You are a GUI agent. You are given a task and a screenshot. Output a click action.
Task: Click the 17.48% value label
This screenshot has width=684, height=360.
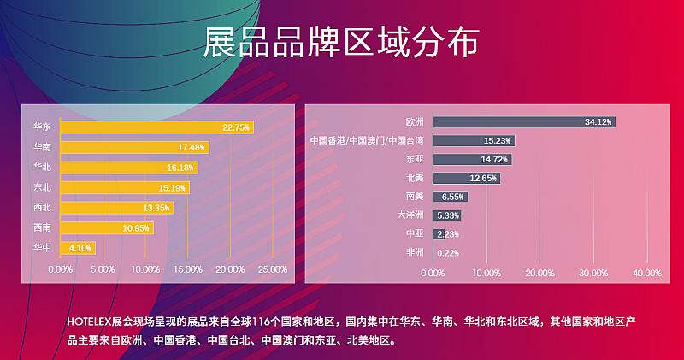coord(192,147)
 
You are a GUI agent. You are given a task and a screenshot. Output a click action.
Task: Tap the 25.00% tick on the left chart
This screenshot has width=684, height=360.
coord(272,269)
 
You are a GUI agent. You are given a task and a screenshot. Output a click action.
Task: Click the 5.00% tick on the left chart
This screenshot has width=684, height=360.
coord(103,269)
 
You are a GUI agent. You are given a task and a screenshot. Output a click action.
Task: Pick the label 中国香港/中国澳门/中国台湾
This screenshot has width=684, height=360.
coord(367,140)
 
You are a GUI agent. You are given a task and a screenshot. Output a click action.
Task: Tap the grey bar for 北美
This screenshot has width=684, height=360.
coord(467,178)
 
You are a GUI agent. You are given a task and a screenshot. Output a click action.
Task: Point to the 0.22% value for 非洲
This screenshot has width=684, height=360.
coord(447,253)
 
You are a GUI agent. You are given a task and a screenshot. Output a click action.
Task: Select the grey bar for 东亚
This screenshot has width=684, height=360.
coord(472,159)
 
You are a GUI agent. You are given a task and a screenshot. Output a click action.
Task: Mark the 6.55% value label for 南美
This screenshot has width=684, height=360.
coord(454,197)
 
